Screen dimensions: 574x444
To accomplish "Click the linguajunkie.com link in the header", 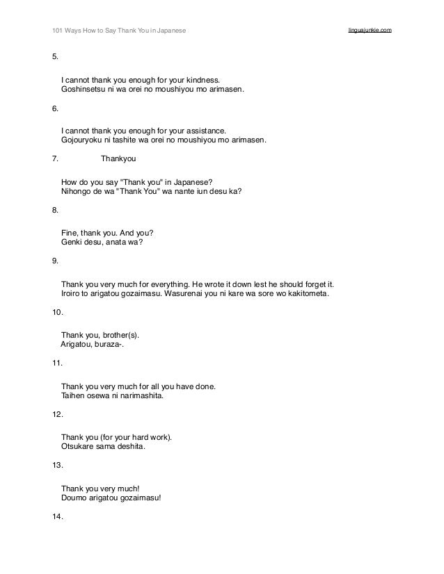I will coord(369,31).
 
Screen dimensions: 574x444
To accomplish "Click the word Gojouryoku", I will coord(82,139).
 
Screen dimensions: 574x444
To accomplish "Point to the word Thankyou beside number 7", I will coord(119,158).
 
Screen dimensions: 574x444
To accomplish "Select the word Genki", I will coord(72,241).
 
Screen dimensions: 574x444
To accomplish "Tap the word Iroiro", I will coord(72,294).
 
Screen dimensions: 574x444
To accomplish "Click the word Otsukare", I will coord(79,446).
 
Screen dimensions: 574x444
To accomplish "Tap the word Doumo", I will coord(74,498).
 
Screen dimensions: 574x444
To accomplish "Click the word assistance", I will coord(205,130).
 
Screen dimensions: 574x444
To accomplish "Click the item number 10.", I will coord(58,312).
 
